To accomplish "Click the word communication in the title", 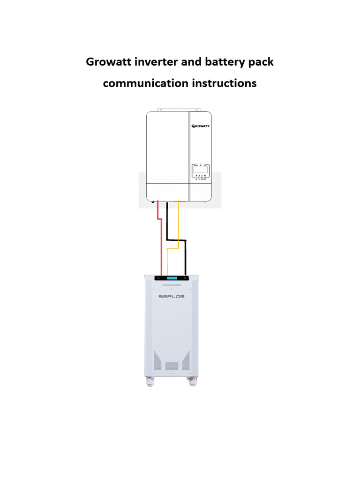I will pyautogui.click(x=146, y=83).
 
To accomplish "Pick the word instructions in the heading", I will pyautogui.click(x=225, y=83).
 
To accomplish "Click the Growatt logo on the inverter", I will pyautogui.click(x=201, y=126).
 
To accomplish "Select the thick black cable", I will pyautogui.click(x=186, y=258).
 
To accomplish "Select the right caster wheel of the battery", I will pyautogui.click(x=192, y=382).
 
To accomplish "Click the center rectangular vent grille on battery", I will pyautogui.click(x=171, y=365).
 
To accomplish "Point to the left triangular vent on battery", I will pyautogui.click(x=158, y=361).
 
